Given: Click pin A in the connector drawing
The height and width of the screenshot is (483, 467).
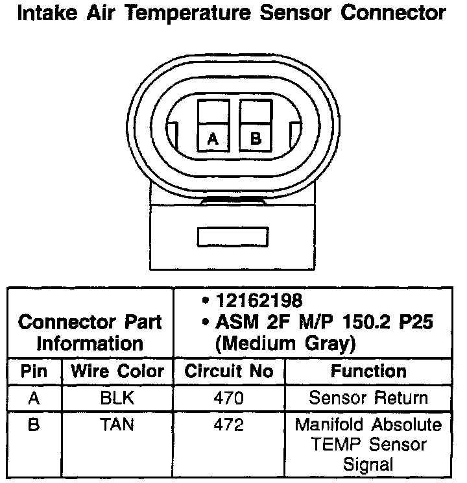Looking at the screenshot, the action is tap(213, 138).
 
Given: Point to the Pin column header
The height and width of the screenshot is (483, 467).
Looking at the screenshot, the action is tap(34, 372).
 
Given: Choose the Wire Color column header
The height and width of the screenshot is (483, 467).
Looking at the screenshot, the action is tap(117, 372).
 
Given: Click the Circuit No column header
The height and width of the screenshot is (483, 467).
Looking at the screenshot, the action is tap(229, 372).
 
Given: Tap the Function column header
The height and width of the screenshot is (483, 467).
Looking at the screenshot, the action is tap(368, 372).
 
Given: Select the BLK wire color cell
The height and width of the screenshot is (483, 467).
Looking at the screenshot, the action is tap(117, 398).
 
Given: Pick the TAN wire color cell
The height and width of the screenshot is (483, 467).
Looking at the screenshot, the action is tap(117, 425).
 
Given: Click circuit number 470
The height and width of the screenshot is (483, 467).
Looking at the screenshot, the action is tap(229, 398).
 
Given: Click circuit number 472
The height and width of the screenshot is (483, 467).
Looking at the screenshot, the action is tap(229, 425).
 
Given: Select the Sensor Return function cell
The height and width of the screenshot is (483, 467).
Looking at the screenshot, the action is tap(368, 398).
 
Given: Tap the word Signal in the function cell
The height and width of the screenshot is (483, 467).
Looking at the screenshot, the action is tap(368, 465).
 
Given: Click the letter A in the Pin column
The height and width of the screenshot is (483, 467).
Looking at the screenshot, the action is tap(34, 398).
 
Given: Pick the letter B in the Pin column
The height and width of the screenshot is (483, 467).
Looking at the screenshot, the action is tap(34, 425).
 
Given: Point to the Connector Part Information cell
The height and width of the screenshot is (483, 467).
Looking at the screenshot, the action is tap(90, 332).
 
